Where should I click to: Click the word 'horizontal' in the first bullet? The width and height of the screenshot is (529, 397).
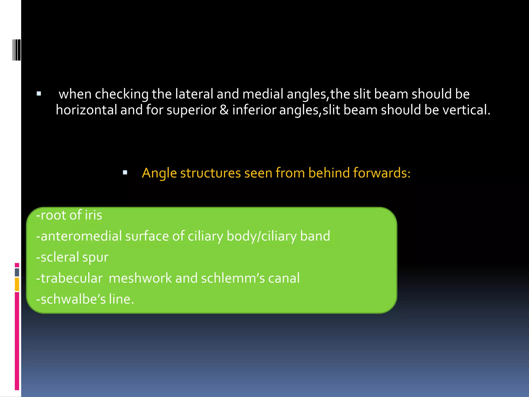[86, 110]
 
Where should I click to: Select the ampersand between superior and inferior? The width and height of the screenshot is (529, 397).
[224, 110]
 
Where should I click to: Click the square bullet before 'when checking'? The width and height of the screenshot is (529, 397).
[39, 94]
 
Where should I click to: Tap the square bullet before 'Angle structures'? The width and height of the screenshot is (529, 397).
[125, 173]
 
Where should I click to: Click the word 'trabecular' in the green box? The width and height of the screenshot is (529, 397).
[72, 278]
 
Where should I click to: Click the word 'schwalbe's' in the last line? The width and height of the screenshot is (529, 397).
[73, 299]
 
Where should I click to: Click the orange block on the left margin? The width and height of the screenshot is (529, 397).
[17, 284]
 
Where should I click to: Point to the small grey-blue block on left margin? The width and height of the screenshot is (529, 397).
[17, 272]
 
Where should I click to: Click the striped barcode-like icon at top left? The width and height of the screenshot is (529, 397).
[17, 50]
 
